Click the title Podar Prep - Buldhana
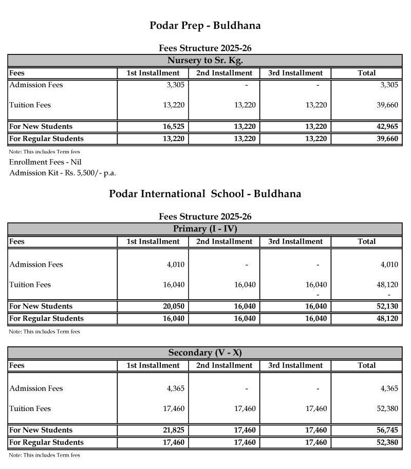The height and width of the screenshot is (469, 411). (205, 25)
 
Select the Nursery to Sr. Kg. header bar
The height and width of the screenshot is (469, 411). (205, 60)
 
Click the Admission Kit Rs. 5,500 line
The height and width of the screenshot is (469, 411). (63, 172)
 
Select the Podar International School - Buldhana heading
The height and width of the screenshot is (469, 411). (205, 194)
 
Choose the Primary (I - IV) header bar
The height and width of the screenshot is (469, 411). (205, 229)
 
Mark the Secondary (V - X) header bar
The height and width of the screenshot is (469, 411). (205, 353)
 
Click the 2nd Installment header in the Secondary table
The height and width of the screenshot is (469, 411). (225, 366)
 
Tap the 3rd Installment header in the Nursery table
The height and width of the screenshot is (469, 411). (295, 73)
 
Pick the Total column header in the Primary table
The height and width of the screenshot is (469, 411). (366, 241)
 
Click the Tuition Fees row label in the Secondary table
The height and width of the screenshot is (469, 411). (30, 408)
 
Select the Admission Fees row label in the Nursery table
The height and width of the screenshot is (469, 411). (36, 85)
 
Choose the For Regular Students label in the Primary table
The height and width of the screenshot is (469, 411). (46, 318)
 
